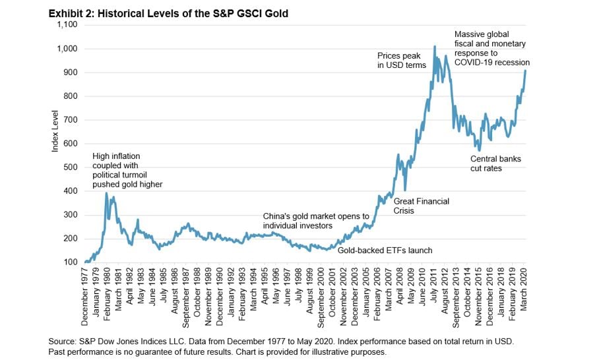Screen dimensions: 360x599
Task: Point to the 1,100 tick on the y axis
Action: [68, 25]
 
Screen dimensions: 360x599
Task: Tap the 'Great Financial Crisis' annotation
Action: [421, 206]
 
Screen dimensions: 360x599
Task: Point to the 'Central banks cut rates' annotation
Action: [495, 164]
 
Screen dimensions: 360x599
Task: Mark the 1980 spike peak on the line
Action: [106, 193]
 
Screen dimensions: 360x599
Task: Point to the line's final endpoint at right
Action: [525, 71]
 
